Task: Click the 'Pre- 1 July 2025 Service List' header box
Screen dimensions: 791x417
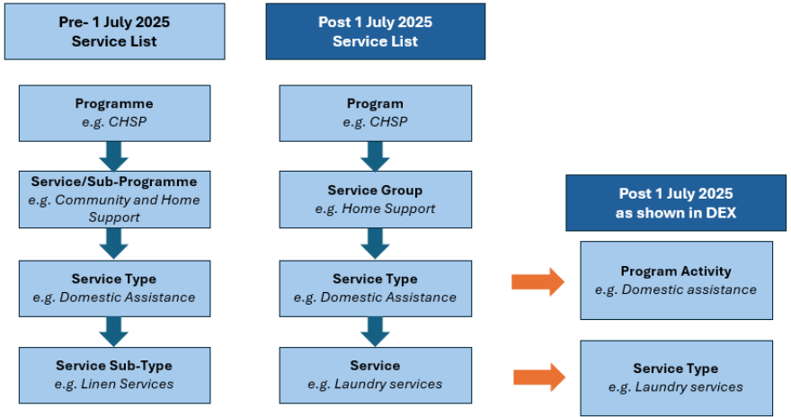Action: click(114, 31)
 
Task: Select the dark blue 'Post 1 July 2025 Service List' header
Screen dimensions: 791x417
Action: click(376, 31)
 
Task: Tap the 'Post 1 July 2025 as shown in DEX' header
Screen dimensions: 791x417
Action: click(675, 203)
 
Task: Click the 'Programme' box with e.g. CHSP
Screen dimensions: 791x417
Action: click(114, 113)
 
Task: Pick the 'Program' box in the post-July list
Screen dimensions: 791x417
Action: click(376, 113)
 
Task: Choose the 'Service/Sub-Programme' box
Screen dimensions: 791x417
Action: click(114, 200)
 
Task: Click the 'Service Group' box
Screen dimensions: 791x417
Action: click(376, 200)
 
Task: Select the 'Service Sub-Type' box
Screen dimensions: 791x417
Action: click(114, 375)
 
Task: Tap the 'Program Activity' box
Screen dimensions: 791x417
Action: click(676, 280)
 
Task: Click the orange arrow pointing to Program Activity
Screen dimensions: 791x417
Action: click(538, 282)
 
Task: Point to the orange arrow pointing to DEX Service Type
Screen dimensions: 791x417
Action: click(539, 377)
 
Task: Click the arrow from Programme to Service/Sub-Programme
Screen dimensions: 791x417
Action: click(113, 156)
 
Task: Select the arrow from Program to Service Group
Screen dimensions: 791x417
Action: click(375, 156)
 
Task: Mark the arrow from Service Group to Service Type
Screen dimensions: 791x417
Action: click(375, 244)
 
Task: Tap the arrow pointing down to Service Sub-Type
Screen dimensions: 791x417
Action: click(113, 332)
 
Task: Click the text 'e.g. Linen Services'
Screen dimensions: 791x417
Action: click(114, 385)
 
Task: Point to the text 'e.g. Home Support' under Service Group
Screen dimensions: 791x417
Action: click(376, 208)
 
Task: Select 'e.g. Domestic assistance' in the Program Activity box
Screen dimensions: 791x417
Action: click(676, 289)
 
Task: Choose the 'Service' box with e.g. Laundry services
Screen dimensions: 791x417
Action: click(376, 375)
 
